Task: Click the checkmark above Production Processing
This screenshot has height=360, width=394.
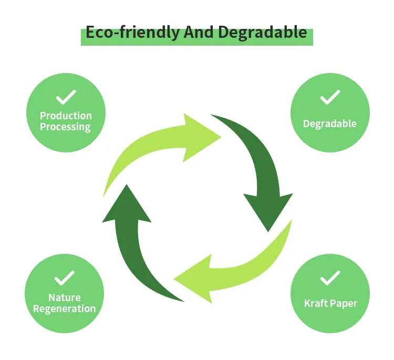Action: [x=66, y=97]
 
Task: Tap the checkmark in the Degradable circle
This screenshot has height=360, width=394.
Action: [x=330, y=97]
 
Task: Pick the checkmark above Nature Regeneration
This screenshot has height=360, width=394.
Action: [x=65, y=277]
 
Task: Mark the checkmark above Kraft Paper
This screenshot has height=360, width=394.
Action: [x=330, y=277]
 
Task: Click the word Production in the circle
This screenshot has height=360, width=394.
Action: [x=66, y=116]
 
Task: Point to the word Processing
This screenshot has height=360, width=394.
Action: [x=65, y=127]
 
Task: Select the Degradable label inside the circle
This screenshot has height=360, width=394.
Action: [x=330, y=124]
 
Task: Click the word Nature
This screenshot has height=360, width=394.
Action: [x=65, y=297]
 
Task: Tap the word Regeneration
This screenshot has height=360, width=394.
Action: [x=65, y=308]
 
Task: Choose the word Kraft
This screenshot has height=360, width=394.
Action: [x=316, y=303]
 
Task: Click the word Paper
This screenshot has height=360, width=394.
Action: [x=344, y=304]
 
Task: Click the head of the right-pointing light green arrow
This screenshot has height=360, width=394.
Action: [x=202, y=137]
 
